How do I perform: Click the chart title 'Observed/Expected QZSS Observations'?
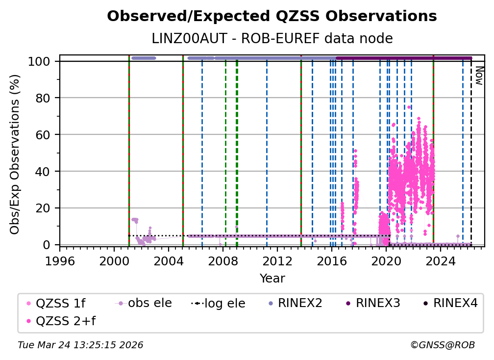pos(272,16)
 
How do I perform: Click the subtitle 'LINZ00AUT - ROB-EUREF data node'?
pos(272,38)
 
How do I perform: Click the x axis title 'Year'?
pos(272,279)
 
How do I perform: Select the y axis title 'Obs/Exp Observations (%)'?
pos(15,154)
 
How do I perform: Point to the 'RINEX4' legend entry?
pos(454,303)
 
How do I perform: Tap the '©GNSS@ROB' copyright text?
pos(442,345)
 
